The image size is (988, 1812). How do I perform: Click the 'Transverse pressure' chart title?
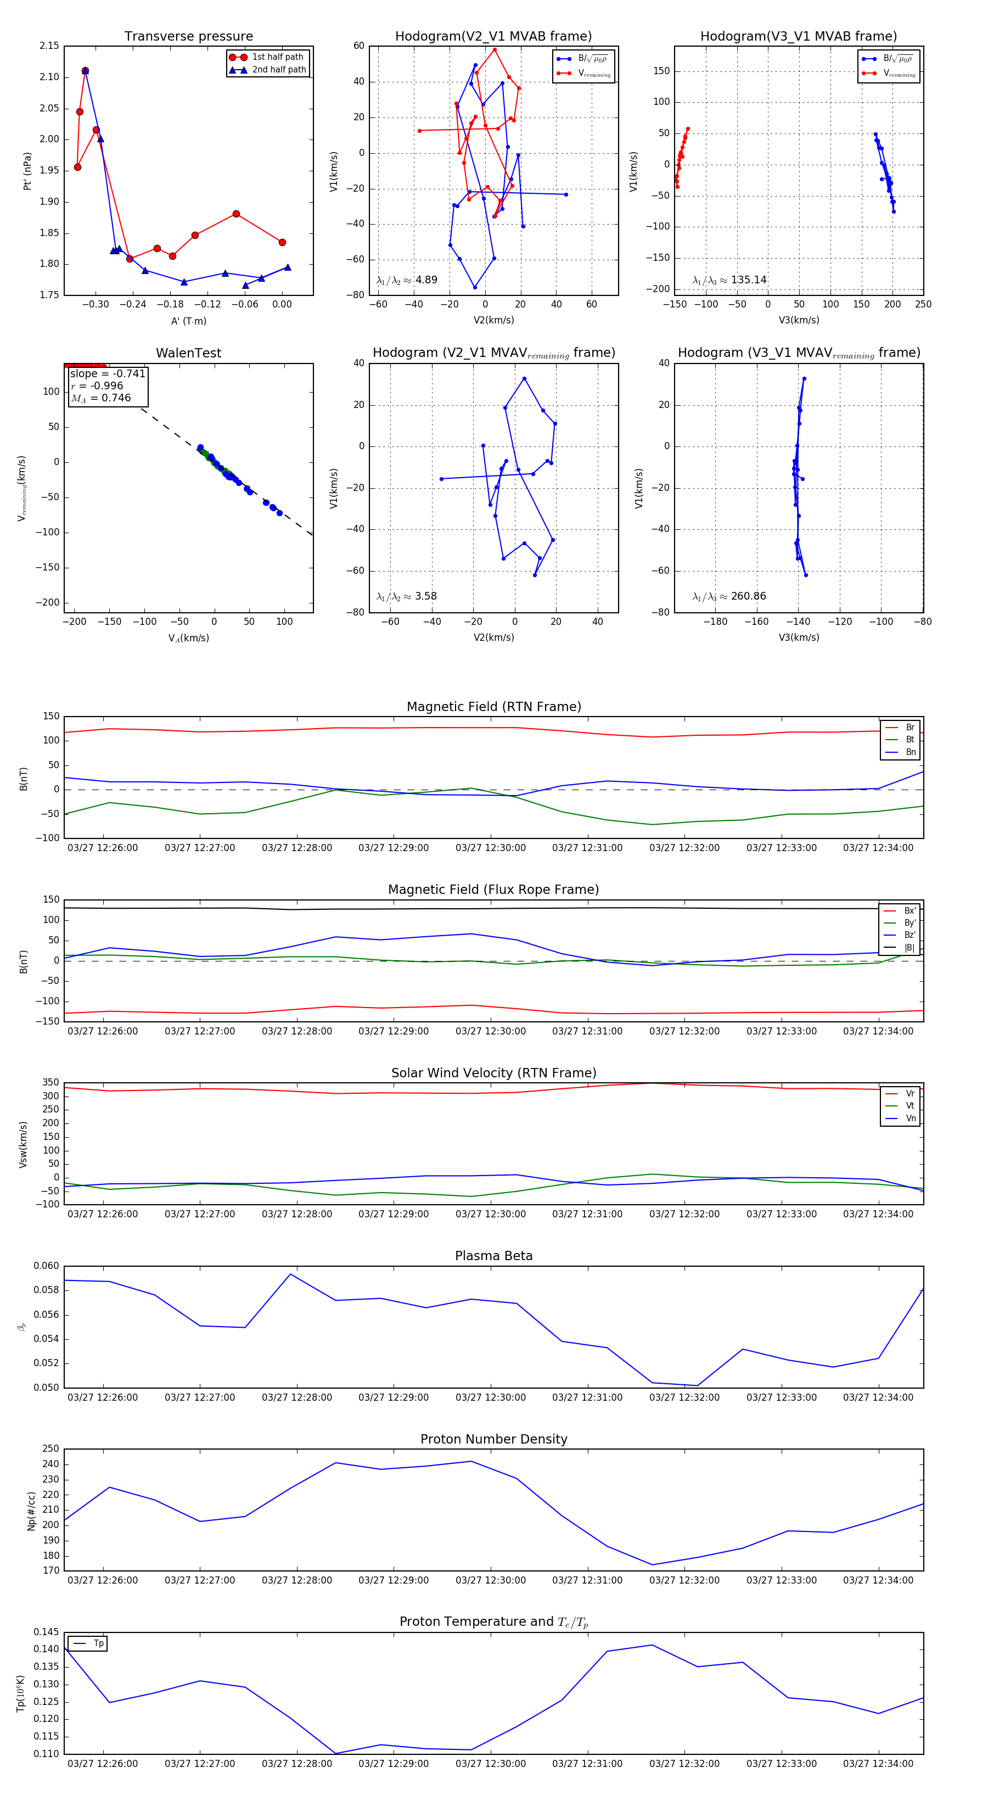click(188, 37)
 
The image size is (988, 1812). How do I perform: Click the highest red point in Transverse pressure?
click(85, 71)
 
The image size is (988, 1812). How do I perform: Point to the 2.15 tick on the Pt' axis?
click(49, 46)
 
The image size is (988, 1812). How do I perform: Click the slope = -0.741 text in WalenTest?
click(108, 373)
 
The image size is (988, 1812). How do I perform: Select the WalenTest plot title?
click(188, 353)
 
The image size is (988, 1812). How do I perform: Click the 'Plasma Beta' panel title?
click(493, 1256)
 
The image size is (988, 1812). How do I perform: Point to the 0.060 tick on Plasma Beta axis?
click(47, 1266)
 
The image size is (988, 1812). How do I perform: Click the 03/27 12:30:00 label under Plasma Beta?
click(490, 1397)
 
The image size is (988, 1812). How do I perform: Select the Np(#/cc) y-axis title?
click(31, 1510)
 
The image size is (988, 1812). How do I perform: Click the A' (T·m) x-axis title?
click(188, 321)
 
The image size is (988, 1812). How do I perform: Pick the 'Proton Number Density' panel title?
click(493, 1439)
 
